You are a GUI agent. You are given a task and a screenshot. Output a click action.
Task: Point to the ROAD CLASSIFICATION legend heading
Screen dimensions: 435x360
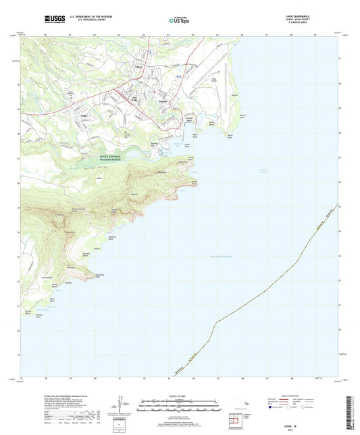pyautogui.click(x=297, y=397)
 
